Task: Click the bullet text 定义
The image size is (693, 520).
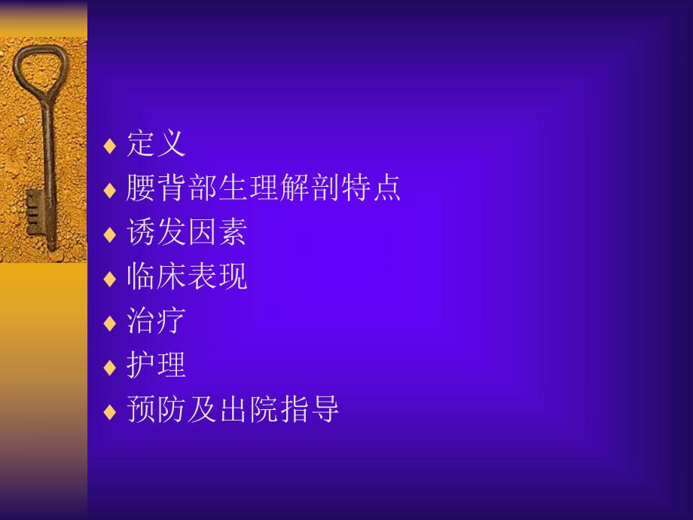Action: click(x=156, y=144)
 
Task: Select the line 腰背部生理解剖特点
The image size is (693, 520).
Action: click(x=264, y=188)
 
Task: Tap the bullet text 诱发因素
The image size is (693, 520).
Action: click(x=187, y=233)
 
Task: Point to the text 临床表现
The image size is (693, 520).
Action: click(x=187, y=277)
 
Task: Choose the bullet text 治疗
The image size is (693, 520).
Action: click(x=156, y=322)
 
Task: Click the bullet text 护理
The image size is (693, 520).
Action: click(x=156, y=366)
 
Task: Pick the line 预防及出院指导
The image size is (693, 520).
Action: click(x=233, y=411)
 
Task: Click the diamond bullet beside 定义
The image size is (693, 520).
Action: click(x=110, y=145)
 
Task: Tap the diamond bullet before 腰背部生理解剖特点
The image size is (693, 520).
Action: click(x=110, y=190)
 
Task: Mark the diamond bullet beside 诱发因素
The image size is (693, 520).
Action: click(x=110, y=234)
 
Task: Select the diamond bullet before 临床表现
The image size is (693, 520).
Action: click(x=110, y=279)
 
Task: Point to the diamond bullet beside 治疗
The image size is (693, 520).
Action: click(x=110, y=323)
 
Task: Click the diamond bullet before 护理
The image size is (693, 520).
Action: click(x=110, y=368)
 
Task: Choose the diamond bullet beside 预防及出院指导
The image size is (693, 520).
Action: click(x=110, y=412)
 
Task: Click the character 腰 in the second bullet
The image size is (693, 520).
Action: click(x=141, y=188)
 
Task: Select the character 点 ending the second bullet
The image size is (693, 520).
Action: click(x=387, y=188)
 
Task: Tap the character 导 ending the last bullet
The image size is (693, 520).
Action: click(x=325, y=411)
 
